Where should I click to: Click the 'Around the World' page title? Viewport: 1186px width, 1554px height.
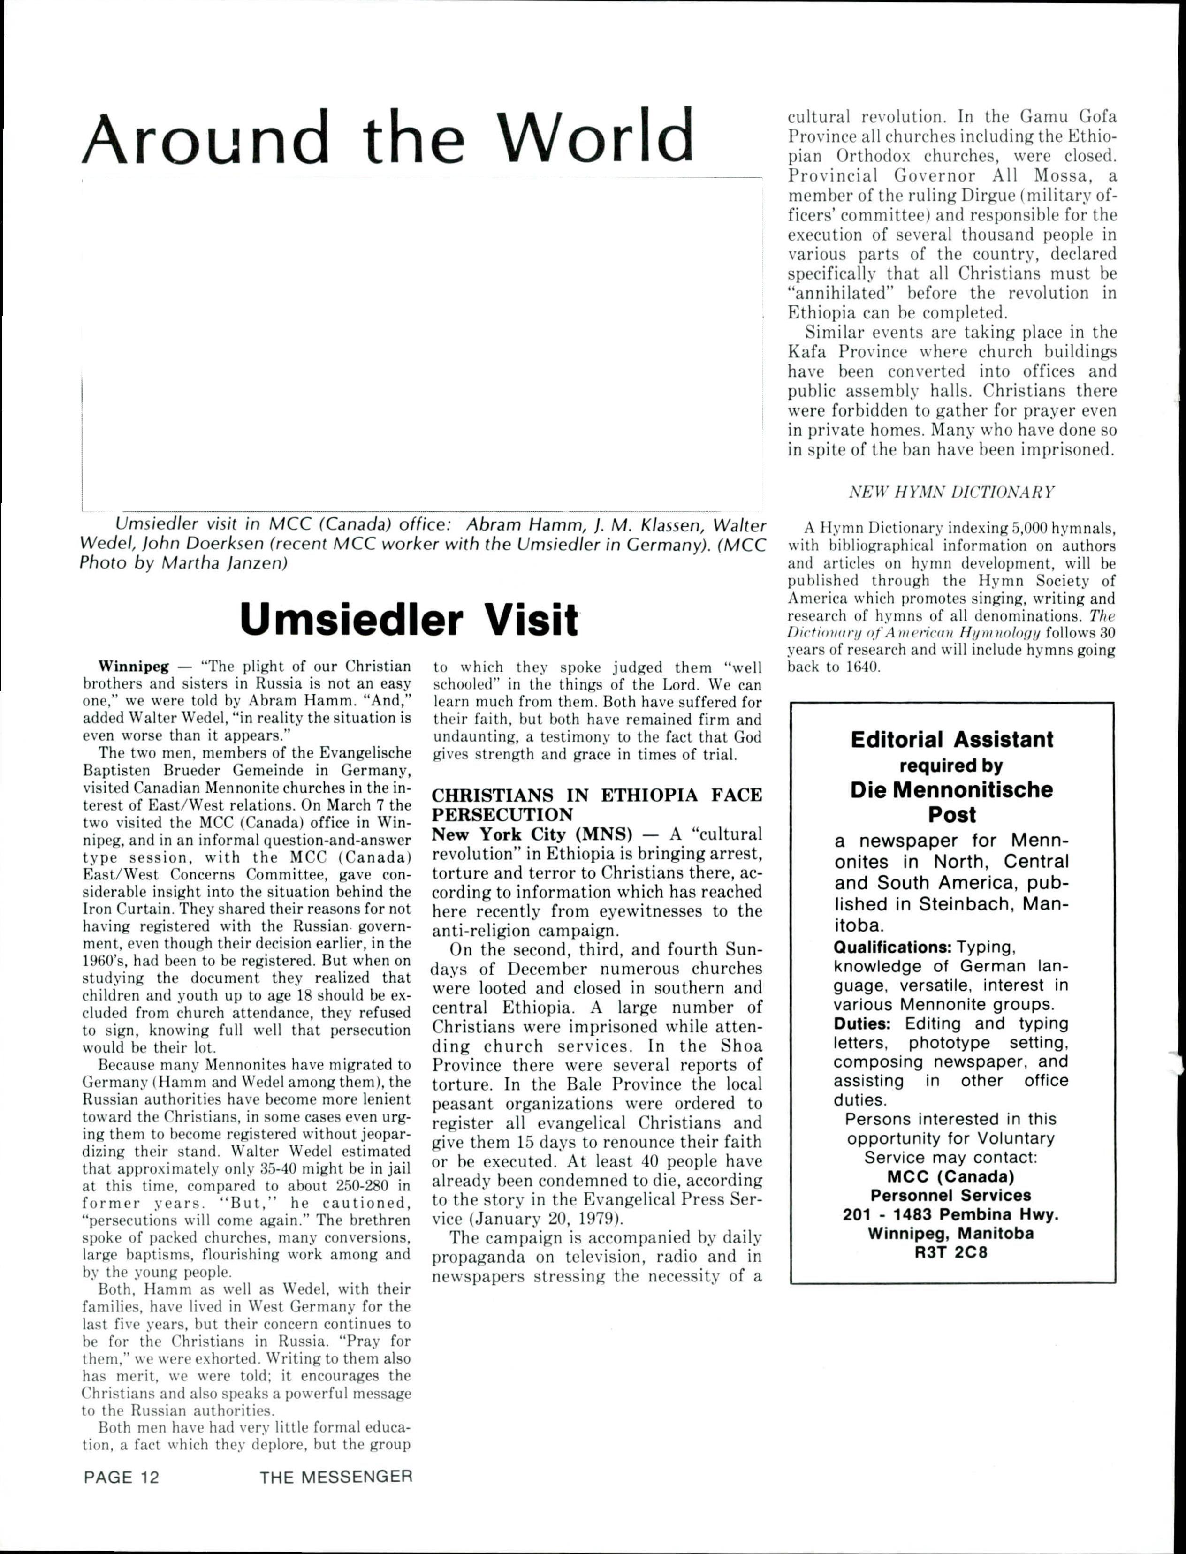pos(388,137)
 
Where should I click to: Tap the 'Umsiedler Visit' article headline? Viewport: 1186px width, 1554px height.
pos(409,619)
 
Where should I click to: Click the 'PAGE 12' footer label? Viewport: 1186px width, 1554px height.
pos(122,1477)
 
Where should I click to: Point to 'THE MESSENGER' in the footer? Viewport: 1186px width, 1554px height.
pos(335,1477)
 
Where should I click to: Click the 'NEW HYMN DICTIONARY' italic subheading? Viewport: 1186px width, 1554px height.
pos(951,492)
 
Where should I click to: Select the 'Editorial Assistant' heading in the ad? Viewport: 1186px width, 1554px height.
pos(951,740)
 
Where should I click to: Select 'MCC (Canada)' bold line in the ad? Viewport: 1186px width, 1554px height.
pos(951,1176)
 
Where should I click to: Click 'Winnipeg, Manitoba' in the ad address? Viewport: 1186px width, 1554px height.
pos(951,1234)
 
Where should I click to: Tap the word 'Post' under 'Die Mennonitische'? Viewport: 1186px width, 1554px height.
pos(951,814)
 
